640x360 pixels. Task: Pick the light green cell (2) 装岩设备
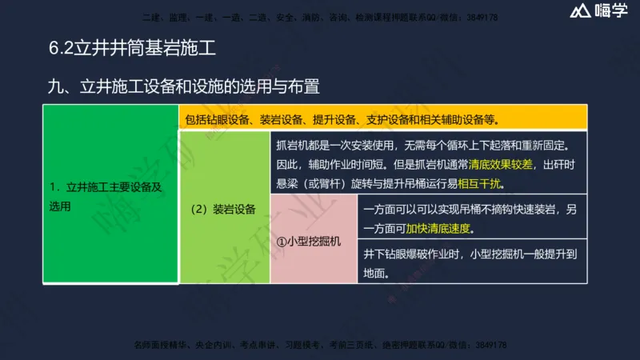tap(224, 210)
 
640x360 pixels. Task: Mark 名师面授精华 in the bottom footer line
tap(160, 346)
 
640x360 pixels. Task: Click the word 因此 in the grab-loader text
tap(286, 165)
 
